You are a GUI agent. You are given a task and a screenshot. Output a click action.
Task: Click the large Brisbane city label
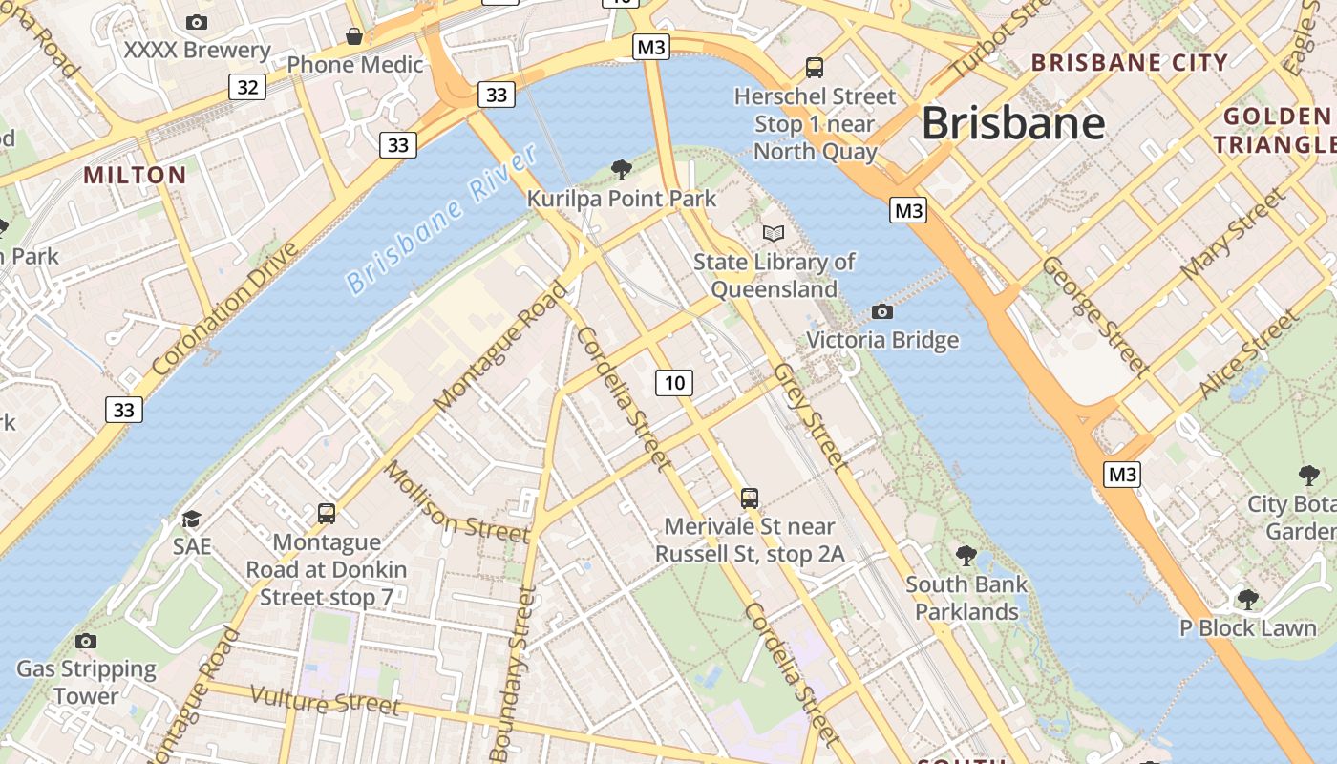click(x=1013, y=124)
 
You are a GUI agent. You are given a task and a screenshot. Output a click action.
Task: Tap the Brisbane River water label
click(x=438, y=221)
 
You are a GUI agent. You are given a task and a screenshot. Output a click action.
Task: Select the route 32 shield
click(x=247, y=88)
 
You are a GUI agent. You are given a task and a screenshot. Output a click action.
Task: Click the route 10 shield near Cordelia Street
click(x=674, y=383)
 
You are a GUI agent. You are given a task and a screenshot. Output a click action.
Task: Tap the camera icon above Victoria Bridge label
click(x=882, y=312)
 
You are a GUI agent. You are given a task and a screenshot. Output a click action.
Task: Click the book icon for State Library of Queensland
click(x=773, y=233)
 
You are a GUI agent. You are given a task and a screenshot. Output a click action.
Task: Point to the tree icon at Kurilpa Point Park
click(x=622, y=170)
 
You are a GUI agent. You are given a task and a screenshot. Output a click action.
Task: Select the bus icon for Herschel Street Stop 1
click(x=814, y=68)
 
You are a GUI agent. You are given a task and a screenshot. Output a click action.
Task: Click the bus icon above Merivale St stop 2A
click(x=750, y=498)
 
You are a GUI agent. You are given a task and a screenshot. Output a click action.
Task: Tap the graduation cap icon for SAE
click(x=192, y=519)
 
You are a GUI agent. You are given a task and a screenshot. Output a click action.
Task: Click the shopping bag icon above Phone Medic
click(x=354, y=36)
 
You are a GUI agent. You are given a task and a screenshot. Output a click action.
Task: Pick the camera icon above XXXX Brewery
click(x=197, y=22)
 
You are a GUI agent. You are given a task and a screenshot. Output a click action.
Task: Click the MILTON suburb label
click(x=135, y=176)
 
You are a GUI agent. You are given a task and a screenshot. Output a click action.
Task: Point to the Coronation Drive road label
click(x=225, y=308)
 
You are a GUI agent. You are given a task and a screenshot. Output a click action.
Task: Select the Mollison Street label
click(x=456, y=501)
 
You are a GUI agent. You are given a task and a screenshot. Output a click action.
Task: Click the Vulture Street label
click(x=325, y=702)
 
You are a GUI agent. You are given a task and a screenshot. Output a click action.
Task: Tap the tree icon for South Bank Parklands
click(x=966, y=555)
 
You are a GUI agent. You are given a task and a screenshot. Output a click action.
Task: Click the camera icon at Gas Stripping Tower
click(x=86, y=641)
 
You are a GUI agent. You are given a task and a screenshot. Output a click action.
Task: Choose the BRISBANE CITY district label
click(x=1130, y=63)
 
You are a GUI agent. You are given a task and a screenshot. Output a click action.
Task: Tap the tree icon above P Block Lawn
click(x=1247, y=599)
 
